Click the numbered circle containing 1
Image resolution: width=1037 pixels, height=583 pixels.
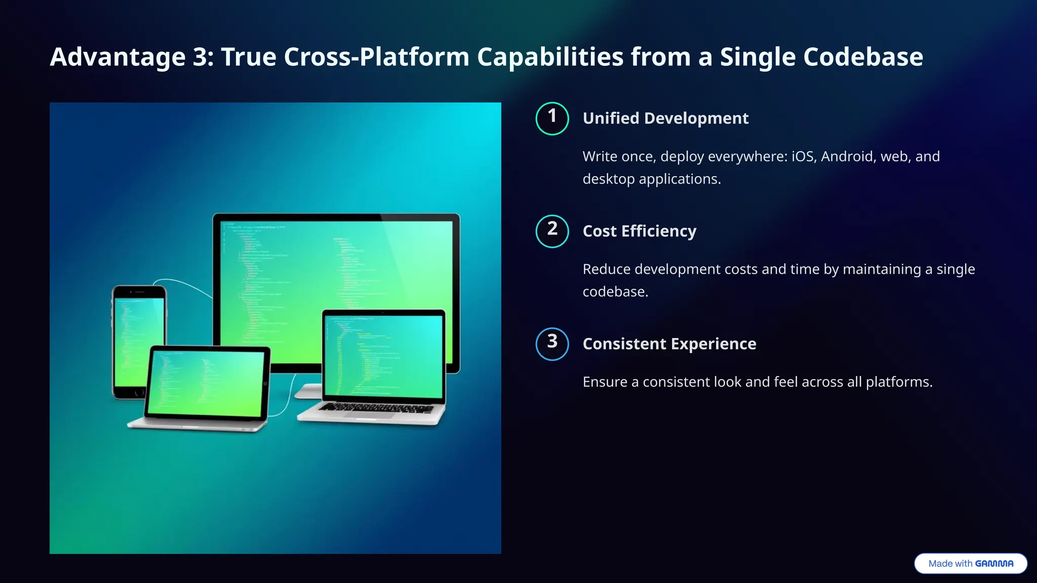(x=552, y=118)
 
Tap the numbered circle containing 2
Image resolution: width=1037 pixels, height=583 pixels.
(x=552, y=231)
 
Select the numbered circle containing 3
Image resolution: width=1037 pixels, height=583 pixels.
(x=552, y=344)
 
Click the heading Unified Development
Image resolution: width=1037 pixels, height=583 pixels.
(x=665, y=118)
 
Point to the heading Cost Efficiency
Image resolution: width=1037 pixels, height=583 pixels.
(x=639, y=231)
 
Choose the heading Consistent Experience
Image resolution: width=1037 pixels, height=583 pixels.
(x=669, y=344)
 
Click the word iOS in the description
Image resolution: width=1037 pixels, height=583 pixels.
(x=804, y=156)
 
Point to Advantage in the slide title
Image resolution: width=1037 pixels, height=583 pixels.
(x=117, y=57)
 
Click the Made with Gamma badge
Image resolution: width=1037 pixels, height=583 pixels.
(x=970, y=564)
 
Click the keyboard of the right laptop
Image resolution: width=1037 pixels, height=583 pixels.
(x=377, y=408)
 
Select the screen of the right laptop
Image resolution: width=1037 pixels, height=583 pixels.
(x=384, y=354)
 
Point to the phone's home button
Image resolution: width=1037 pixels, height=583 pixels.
(x=139, y=393)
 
